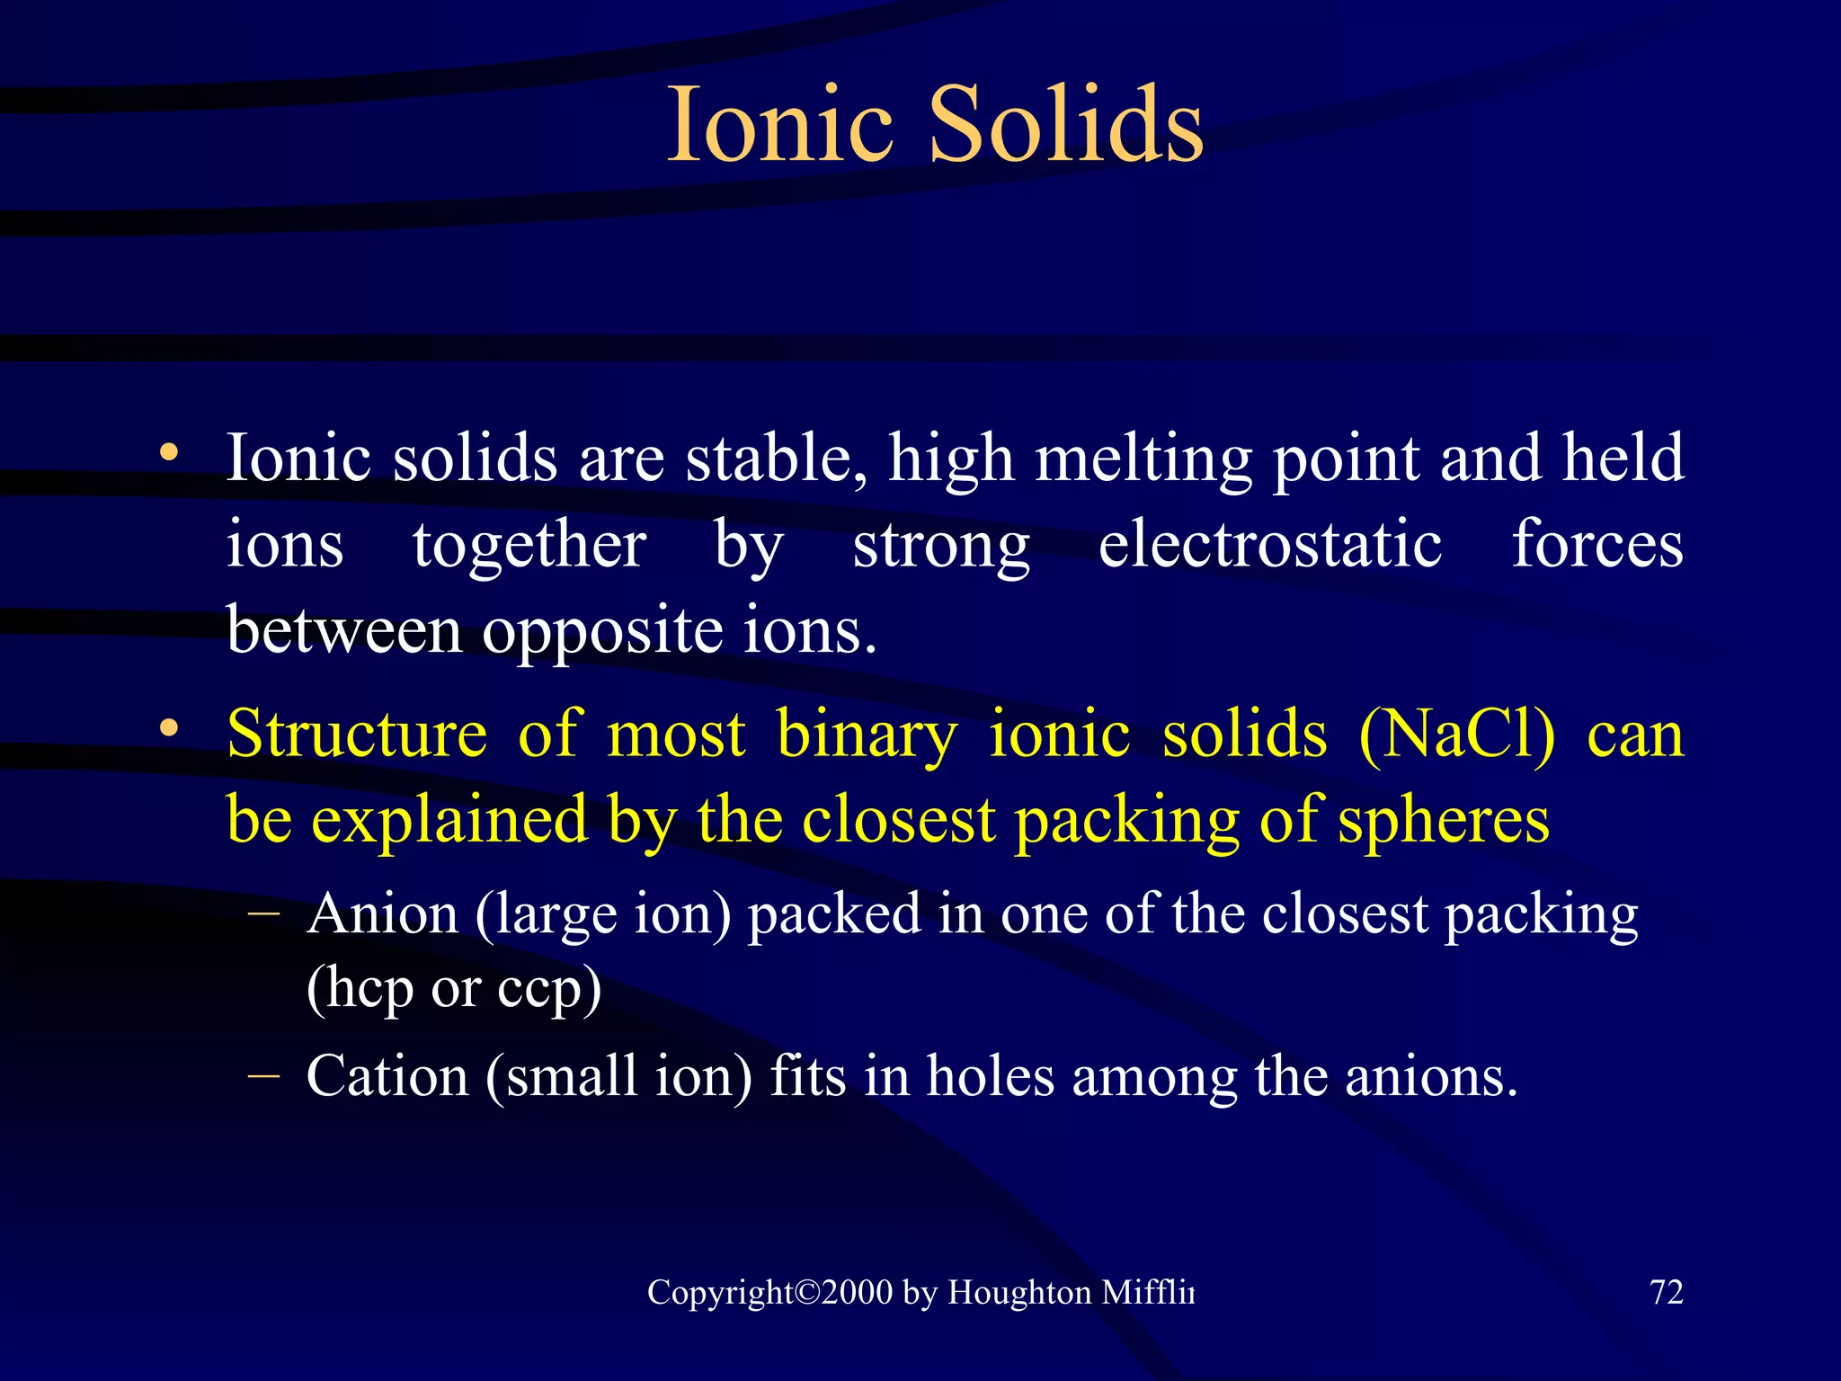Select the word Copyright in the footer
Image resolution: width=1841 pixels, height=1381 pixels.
[x=719, y=1293]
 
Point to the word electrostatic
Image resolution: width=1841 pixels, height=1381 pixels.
[x=1270, y=545]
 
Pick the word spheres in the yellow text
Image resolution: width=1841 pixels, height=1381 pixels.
[x=1443, y=820]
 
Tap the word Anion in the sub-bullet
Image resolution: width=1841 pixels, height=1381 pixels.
[x=383, y=914]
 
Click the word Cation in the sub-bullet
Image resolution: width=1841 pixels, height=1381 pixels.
[x=387, y=1076]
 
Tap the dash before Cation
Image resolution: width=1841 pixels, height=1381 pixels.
[x=262, y=1074]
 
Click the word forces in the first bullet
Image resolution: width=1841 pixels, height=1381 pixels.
[x=1596, y=545]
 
